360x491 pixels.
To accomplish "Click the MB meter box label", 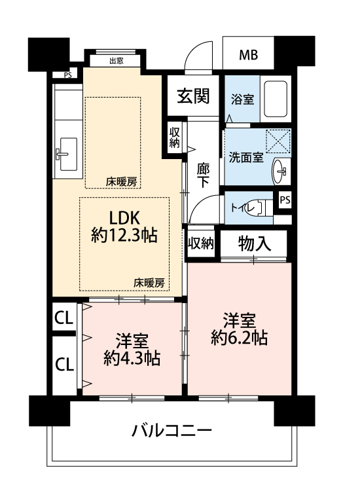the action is point(249,55).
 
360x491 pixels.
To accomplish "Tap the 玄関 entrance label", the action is point(193,96).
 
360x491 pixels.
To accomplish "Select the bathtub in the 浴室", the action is point(276,99).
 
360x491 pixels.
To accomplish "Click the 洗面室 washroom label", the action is point(246,157).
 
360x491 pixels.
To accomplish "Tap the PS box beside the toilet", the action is point(285,200).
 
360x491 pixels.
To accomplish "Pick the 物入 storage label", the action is point(254,244).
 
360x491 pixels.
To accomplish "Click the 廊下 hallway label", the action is point(203,175).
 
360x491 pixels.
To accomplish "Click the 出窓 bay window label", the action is point(116,61).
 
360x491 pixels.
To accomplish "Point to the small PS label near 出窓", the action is point(67,75).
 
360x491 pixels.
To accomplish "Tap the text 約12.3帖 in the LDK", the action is point(124,235).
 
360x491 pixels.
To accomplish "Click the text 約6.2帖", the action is point(239,338).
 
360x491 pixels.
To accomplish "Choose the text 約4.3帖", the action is point(132,358).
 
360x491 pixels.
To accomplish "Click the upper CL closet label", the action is point(64,318).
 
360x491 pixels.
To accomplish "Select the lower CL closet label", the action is point(65,365).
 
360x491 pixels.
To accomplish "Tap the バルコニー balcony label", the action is point(171,430).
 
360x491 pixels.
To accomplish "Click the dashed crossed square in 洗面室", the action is point(278,141).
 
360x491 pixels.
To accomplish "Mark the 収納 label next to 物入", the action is point(201,243).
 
